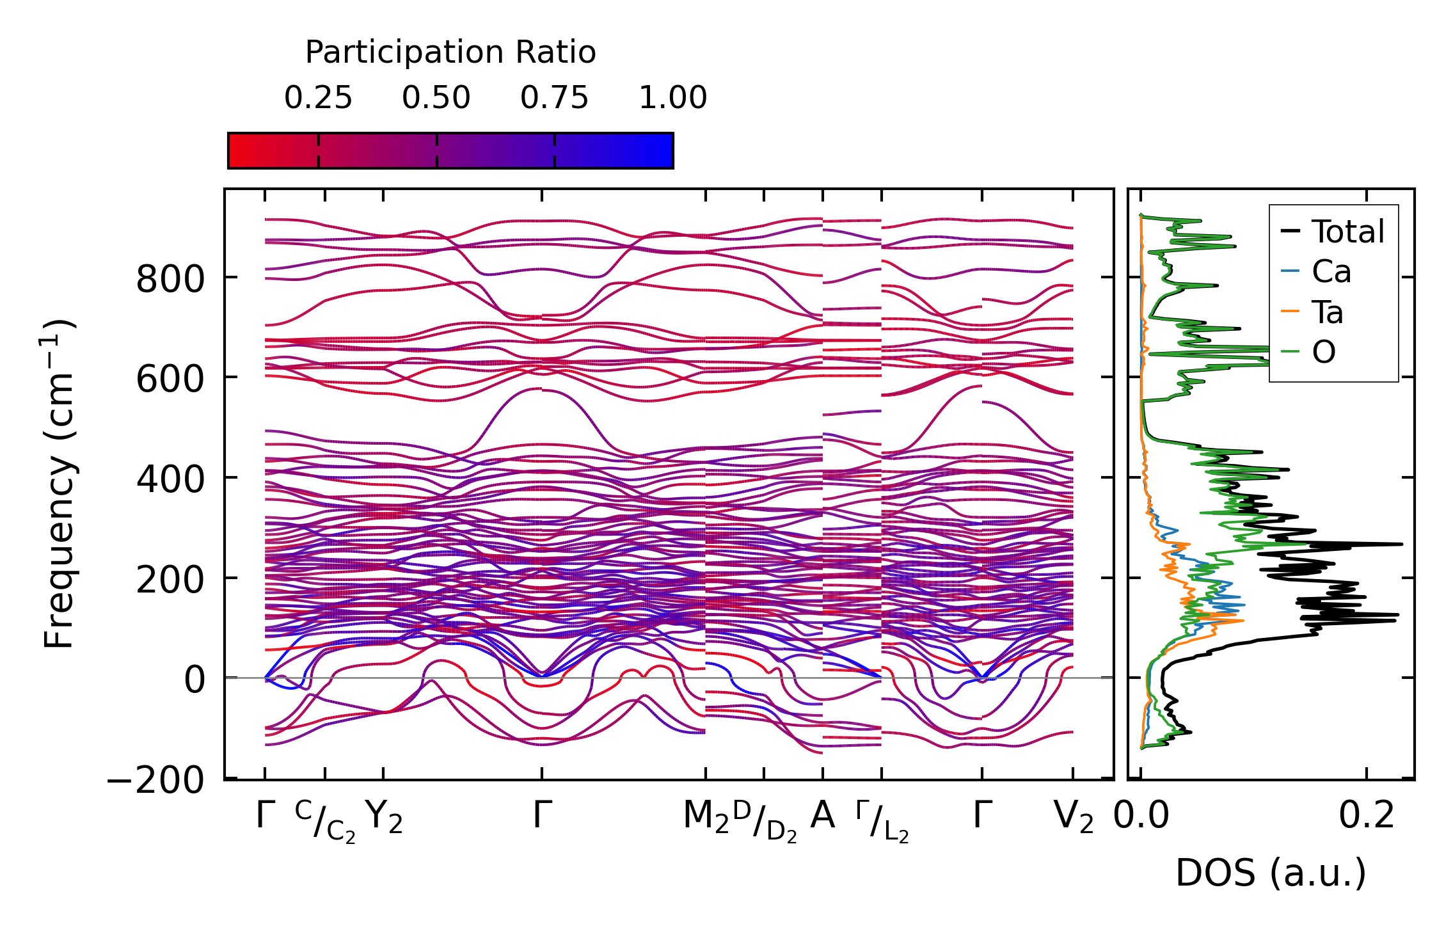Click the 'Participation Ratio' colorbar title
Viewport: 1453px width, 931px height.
point(450,52)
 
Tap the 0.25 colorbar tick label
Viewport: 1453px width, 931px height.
point(318,98)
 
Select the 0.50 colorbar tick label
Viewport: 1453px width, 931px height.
point(436,98)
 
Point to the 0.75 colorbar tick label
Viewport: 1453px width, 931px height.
point(554,98)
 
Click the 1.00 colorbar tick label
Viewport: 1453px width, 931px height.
point(672,98)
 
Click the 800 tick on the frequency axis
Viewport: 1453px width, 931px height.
point(170,279)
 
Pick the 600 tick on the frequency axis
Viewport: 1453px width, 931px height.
point(170,379)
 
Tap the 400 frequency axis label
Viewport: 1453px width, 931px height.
point(170,479)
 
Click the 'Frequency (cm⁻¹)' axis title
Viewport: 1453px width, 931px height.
point(60,484)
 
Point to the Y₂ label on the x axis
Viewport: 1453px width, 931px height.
point(384,817)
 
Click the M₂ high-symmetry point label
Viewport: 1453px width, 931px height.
point(706,817)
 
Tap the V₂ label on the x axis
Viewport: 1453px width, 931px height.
point(1073,817)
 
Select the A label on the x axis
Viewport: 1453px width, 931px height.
point(822,816)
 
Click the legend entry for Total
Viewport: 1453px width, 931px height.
point(1347,231)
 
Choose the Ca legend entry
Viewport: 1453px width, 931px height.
point(1331,271)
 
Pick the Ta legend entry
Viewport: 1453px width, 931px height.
point(1328,312)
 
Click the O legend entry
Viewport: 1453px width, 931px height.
point(1324,352)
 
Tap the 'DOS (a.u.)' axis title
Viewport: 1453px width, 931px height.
point(1271,873)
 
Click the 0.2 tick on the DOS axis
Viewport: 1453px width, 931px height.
point(1367,816)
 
